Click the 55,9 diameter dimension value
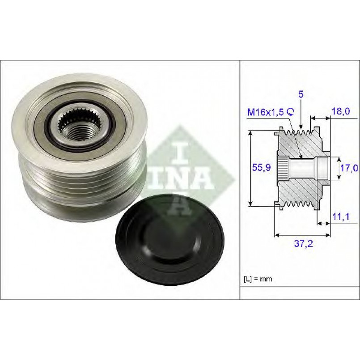click(261, 168)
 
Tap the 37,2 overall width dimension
click(303, 243)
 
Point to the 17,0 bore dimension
click(349, 168)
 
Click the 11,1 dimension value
click(341, 216)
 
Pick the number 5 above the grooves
click(301, 94)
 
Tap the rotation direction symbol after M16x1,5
click(291, 112)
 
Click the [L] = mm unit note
click(258, 279)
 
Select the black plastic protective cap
click(169, 239)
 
